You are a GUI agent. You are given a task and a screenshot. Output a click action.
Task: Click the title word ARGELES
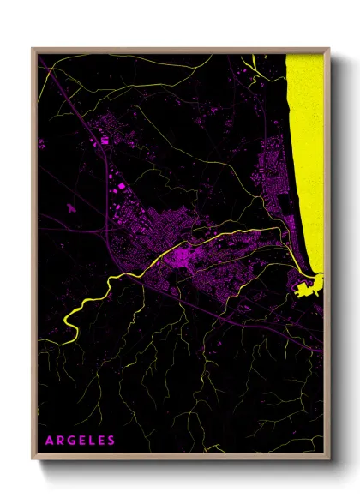[x=80, y=441]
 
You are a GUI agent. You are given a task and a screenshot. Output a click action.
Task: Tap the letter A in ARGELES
[x=49, y=441]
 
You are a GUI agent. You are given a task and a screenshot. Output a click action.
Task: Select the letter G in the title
[x=69, y=441]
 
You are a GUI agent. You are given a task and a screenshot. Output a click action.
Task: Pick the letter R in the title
[x=59, y=441]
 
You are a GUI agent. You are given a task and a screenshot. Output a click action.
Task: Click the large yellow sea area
[x=307, y=154]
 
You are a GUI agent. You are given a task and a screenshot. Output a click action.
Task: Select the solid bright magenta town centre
[x=183, y=256]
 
